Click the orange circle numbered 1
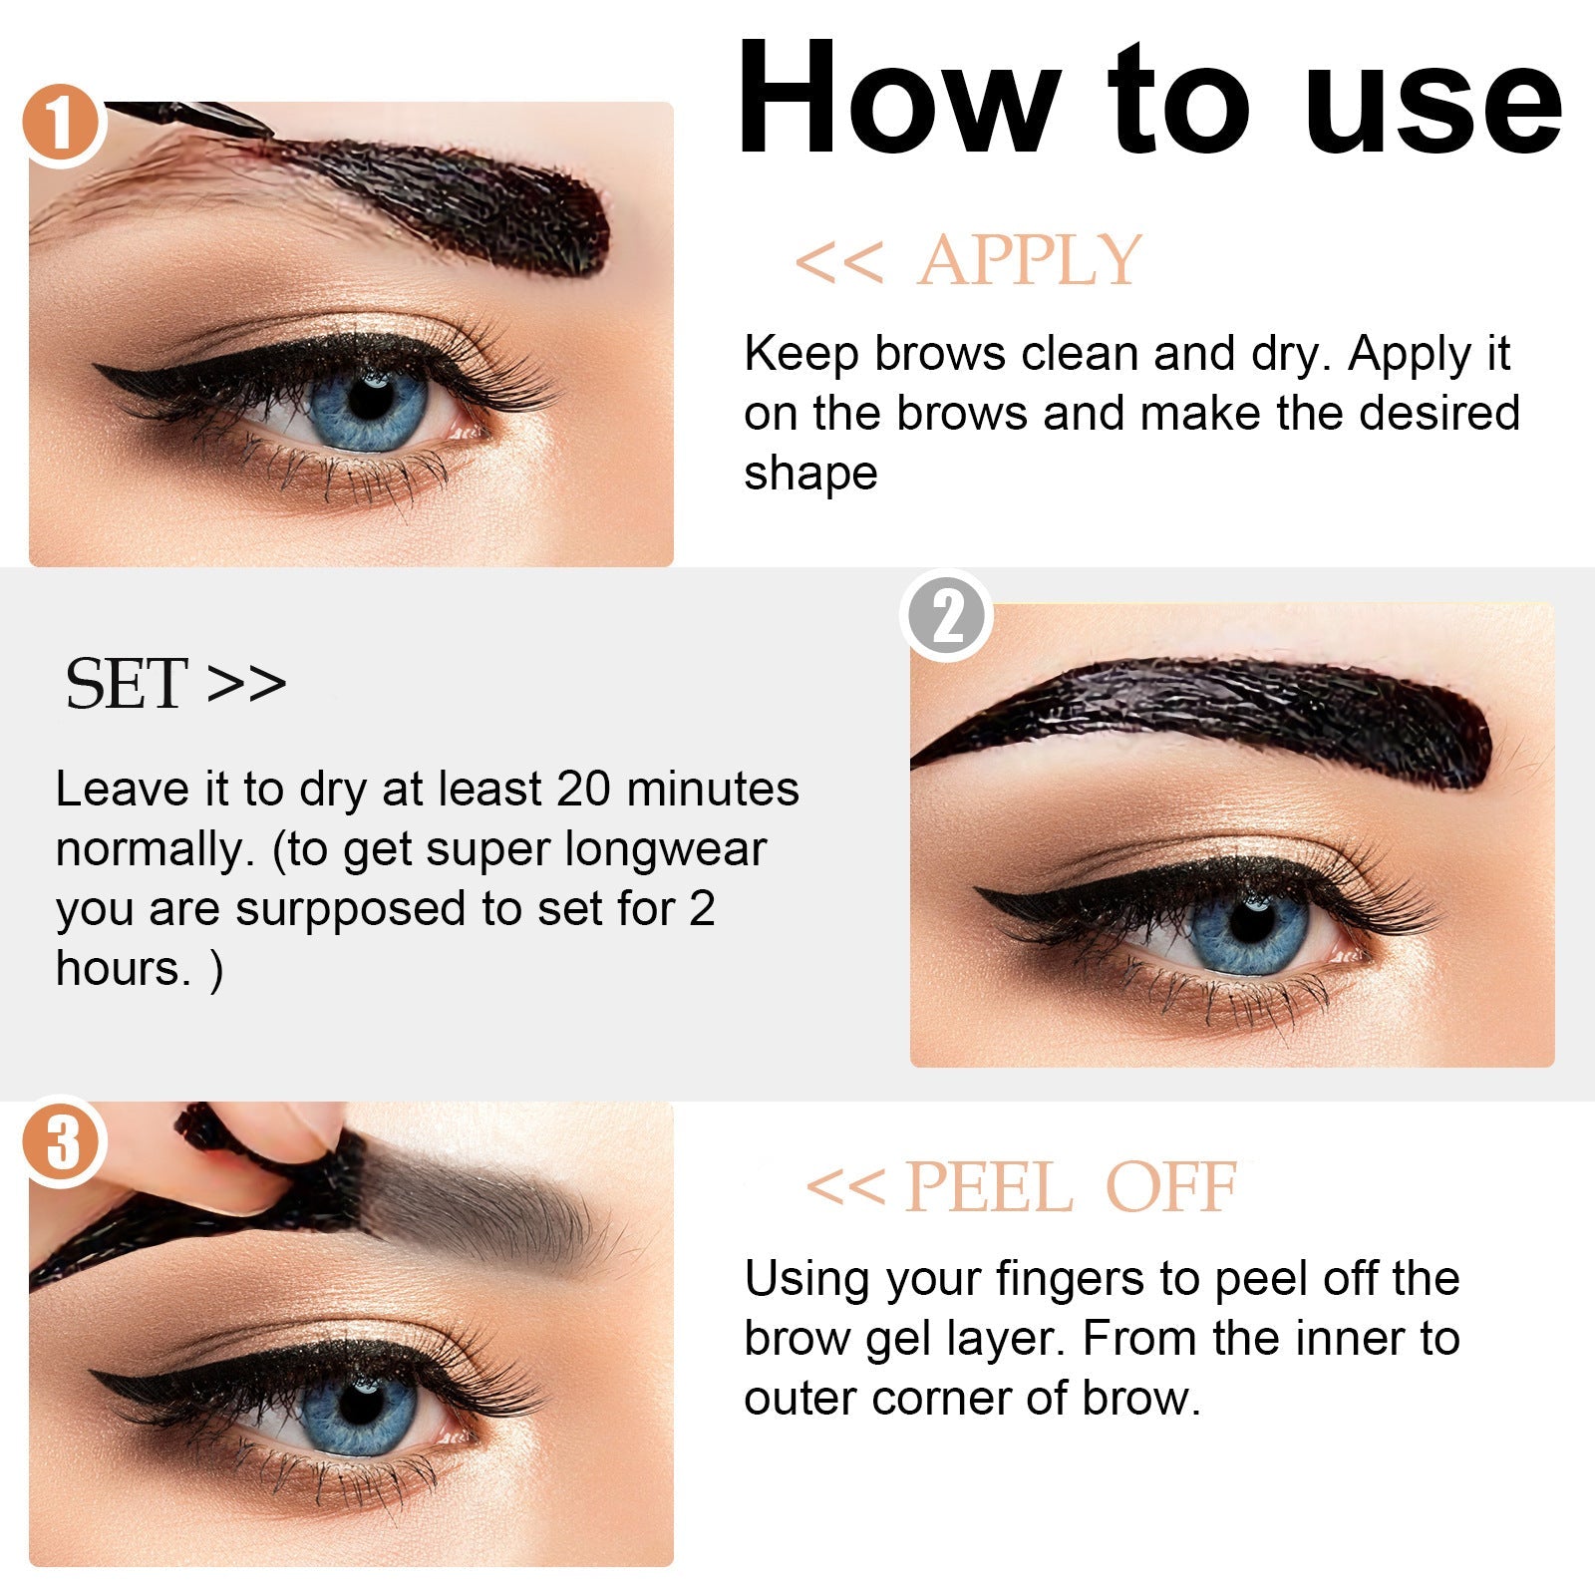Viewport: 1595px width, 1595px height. (62, 125)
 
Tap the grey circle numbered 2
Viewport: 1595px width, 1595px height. (946, 616)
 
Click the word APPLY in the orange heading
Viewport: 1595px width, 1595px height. (1030, 261)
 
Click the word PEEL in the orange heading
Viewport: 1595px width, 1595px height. (988, 1188)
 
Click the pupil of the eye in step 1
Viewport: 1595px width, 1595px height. (371, 399)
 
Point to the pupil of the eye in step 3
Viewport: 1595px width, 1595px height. (361, 1405)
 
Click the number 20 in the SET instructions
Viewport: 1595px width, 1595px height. (583, 790)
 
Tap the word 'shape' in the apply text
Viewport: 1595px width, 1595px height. (809, 473)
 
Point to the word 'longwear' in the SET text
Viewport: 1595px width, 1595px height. (665, 849)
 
